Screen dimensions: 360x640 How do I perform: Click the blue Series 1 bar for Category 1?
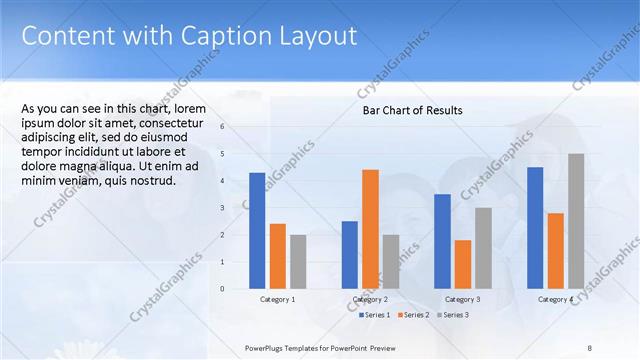[x=257, y=230]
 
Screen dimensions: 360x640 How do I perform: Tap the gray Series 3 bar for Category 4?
[x=576, y=221]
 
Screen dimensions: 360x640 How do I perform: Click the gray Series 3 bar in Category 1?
[x=298, y=261]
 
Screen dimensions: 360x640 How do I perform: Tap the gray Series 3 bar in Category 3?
[x=483, y=248]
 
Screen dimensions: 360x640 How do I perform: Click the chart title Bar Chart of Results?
[x=412, y=110]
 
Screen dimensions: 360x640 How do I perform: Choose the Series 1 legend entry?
[x=376, y=315]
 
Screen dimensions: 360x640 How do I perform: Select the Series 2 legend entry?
[x=413, y=315]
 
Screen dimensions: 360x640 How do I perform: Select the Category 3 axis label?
[x=463, y=299]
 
